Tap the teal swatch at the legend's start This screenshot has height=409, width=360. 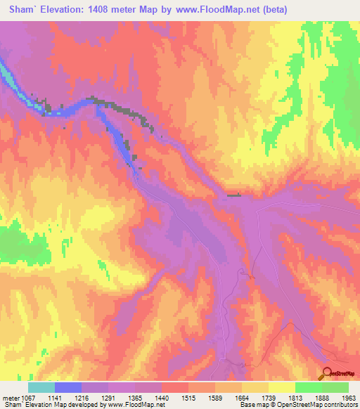click(41, 387)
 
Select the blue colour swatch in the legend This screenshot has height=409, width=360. click(68, 387)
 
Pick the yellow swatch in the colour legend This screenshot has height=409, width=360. click(281, 387)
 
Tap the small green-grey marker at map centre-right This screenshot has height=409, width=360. click(234, 196)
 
